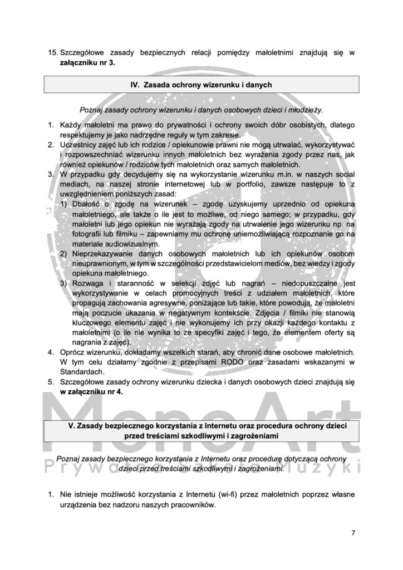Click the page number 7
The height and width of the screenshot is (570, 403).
(x=353, y=532)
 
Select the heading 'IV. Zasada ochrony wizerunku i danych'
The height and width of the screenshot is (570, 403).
(x=201, y=86)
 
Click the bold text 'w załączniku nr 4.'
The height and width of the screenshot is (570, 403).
(x=92, y=391)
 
